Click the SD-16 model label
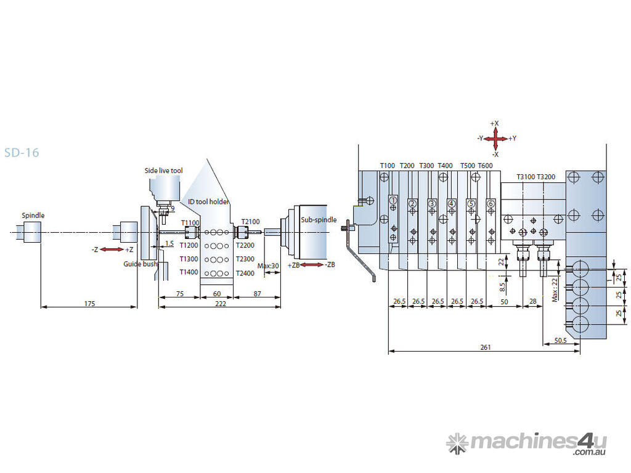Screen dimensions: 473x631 [x=22, y=152]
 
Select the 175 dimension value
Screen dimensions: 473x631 [x=89, y=304]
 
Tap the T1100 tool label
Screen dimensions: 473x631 [x=190, y=223]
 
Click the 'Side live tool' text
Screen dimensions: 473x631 [x=163, y=171]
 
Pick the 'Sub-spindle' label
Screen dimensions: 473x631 [x=319, y=220]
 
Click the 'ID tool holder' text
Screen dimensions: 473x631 [x=208, y=201]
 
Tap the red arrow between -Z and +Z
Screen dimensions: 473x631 [x=112, y=249]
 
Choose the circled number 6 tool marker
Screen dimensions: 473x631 [x=491, y=203]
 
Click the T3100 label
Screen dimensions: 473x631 [x=526, y=177]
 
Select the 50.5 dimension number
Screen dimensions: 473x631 [x=561, y=340]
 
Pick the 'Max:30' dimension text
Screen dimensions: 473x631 [x=269, y=266]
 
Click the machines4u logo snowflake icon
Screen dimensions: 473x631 [x=457, y=443]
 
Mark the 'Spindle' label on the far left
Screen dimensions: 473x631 [x=33, y=216]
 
